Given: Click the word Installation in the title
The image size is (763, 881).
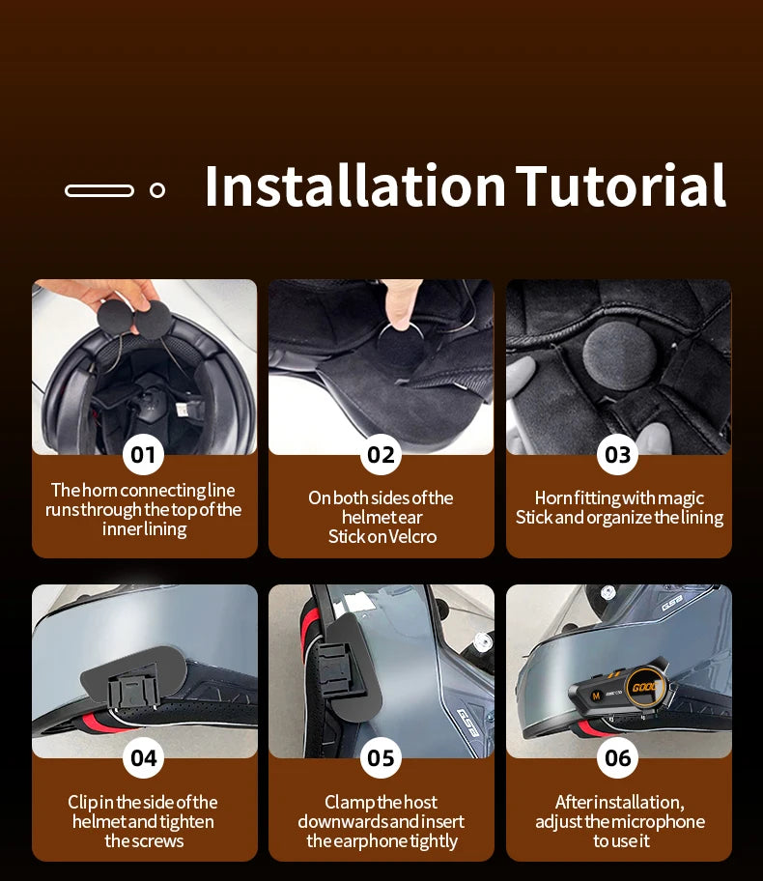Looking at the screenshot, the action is pyautogui.click(x=355, y=185).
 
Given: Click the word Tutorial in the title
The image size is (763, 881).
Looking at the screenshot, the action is pyautogui.click(x=621, y=185).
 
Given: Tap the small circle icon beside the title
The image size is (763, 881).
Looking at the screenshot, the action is pyautogui.click(x=157, y=190).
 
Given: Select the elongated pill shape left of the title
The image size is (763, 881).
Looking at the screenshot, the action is pyautogui.click(x=99, y=190).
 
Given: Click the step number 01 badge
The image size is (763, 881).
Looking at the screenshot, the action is pyautogui.click(x=143, y=455).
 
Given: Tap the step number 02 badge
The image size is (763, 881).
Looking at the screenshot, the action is pyautogui.click(x=381, y=455).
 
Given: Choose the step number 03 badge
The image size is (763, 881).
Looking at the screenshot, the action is pyautogui.click(x=618, y=455).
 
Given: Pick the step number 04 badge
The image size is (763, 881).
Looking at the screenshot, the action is pyautogui.click(x=143, y=758).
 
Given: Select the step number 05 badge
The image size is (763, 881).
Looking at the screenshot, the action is pyautogui.click(x=381, y=758).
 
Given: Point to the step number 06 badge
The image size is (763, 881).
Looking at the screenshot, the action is pyautogui.click(x=618, y=758).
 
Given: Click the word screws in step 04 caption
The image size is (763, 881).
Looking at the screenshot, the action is pyautogui.click(x=157, y=841).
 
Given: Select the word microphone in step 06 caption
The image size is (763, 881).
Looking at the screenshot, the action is pyautogui.click(x=656, y=822).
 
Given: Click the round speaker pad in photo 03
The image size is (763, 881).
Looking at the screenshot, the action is pyautogui.click(x=620, y=355).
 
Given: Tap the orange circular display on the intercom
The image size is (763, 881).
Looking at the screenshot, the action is pyautogui.click(x=645, y=688).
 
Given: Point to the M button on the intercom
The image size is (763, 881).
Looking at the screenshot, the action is pyautogui.click(x=596, y=696).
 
